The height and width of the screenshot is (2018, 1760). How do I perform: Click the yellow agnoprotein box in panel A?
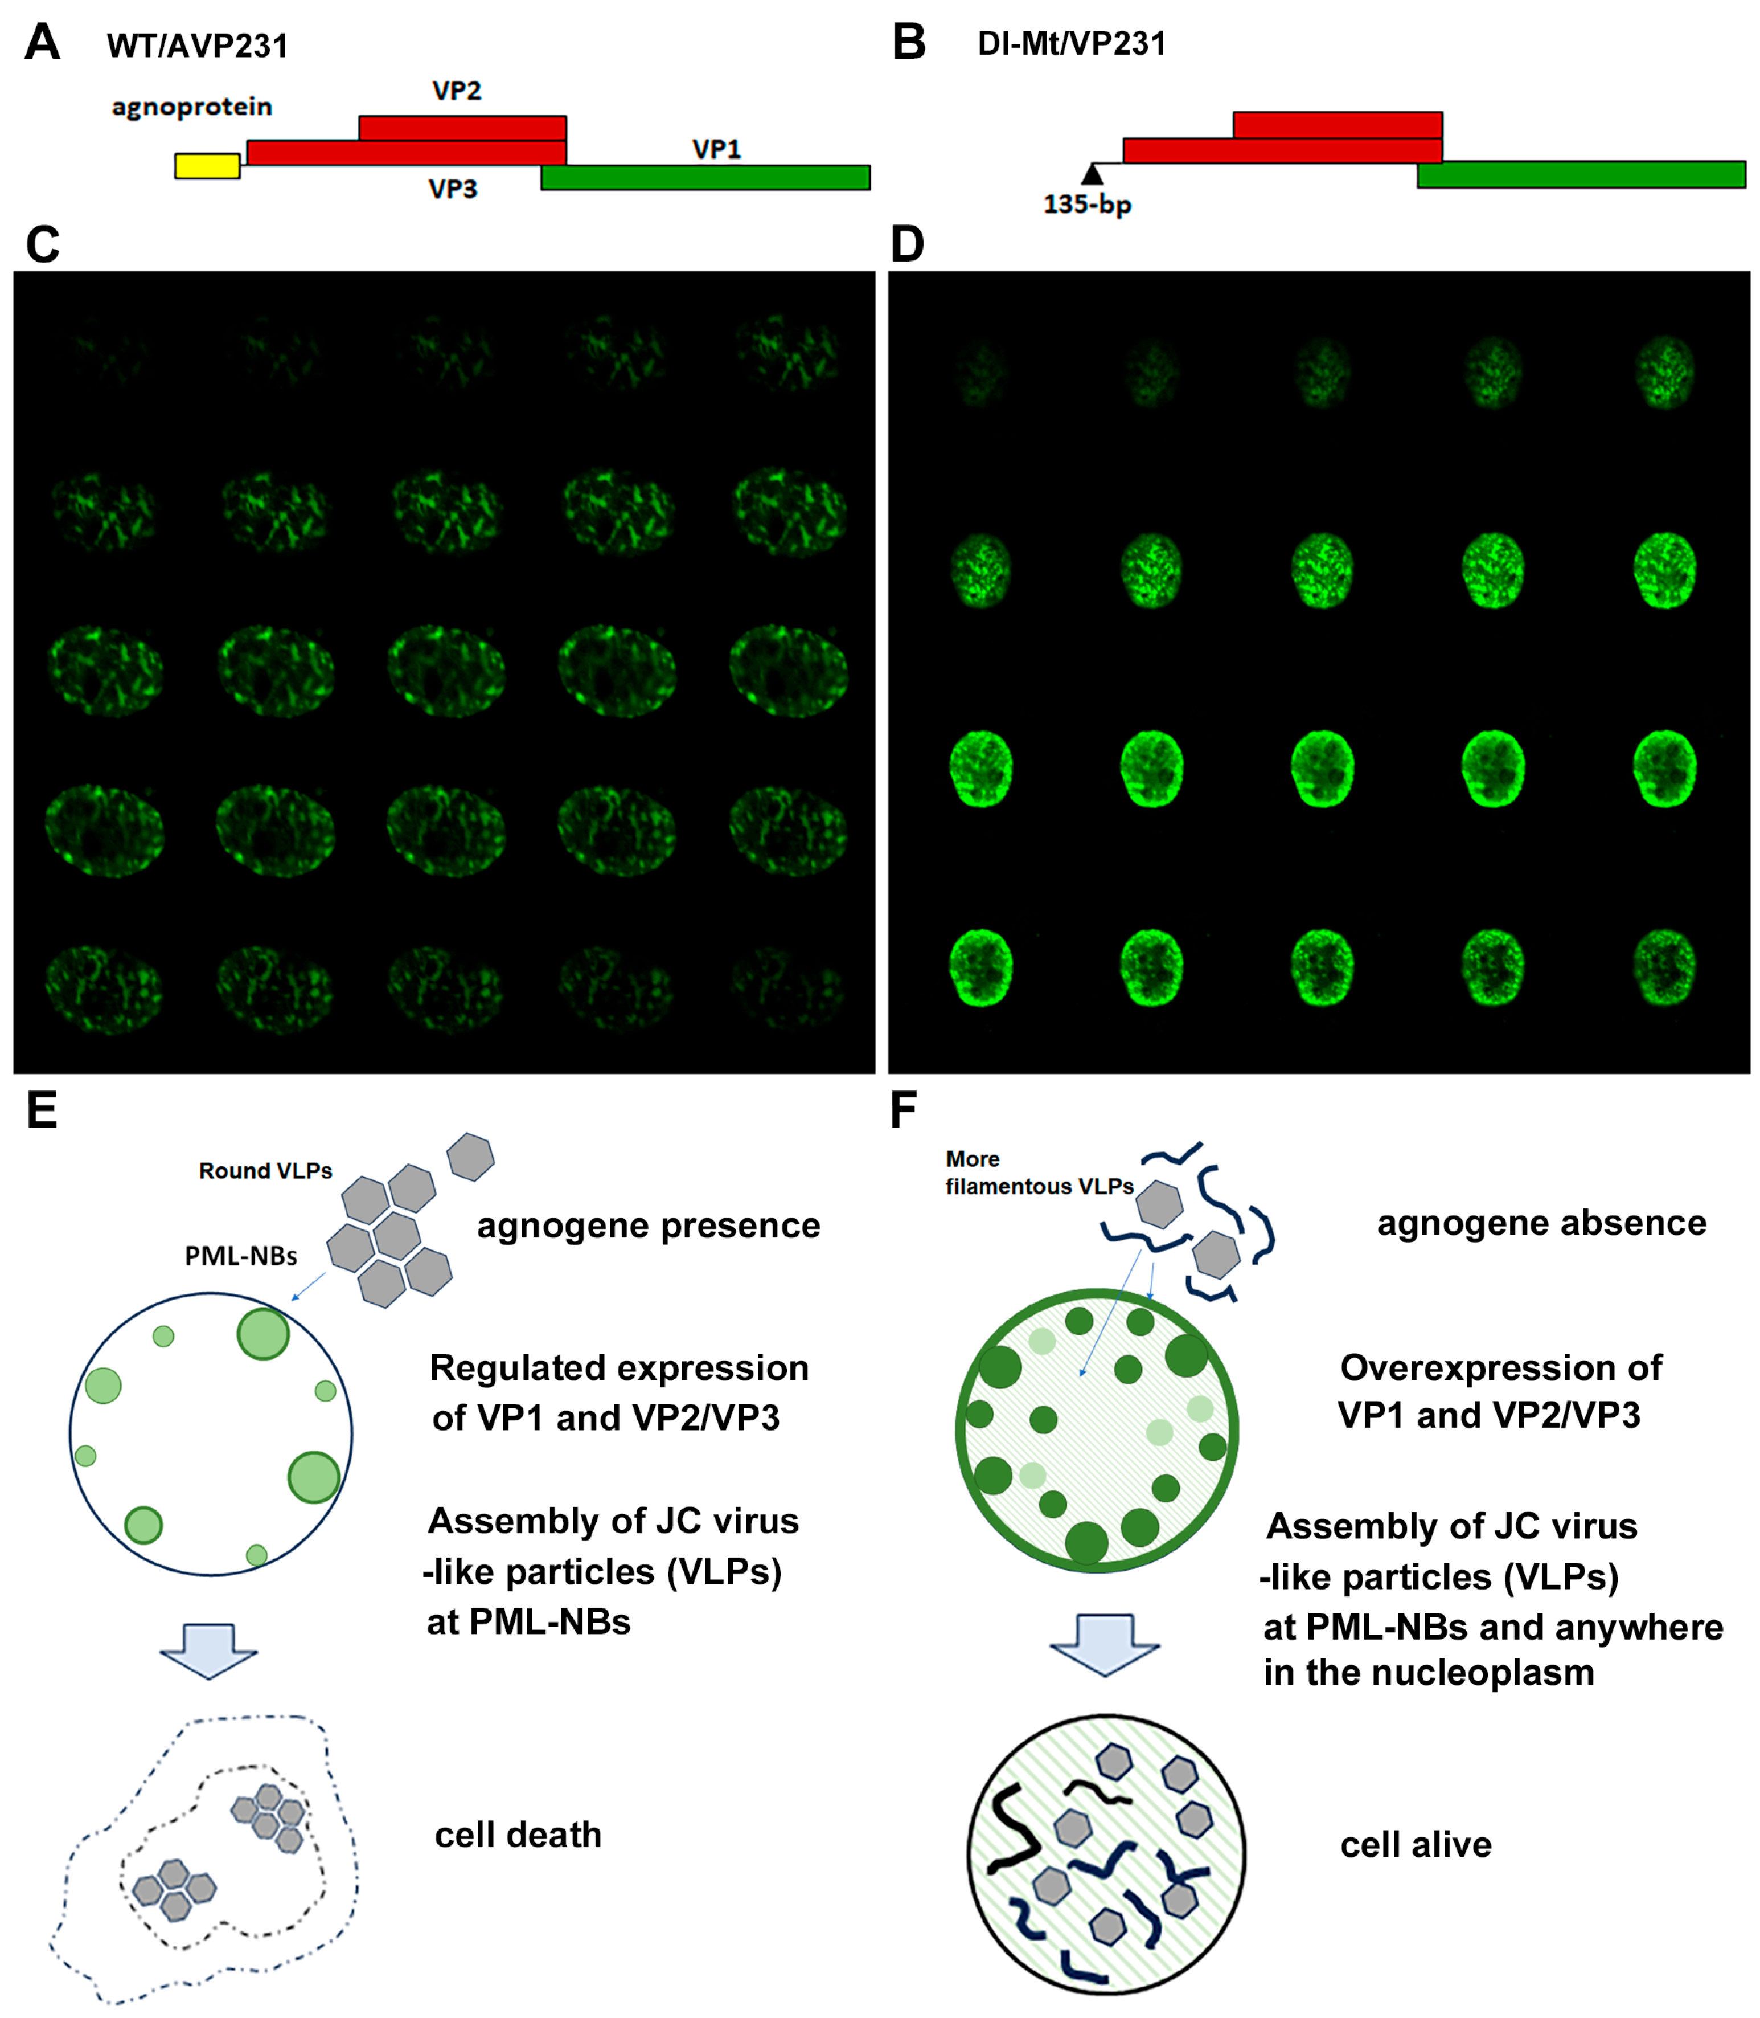[x=207, y=166]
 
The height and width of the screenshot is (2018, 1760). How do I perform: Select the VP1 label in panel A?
[x=716, y=149]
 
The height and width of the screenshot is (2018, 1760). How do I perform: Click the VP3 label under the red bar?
[x=453, y=189]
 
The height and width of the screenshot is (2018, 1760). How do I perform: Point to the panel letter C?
[x=42, y=244]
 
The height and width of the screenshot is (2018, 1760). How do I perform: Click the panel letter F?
[x=902, y=1111]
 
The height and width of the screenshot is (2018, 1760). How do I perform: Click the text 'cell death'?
[x=518, y=1835]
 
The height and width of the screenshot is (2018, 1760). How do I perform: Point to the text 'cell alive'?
[x=1416, y=1845]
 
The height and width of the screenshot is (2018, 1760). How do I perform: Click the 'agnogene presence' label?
[x=648, y=1226]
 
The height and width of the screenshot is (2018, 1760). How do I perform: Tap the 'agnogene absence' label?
[x=1541, y=1223]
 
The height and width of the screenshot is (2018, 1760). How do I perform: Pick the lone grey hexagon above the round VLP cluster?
[x=470, y=1157]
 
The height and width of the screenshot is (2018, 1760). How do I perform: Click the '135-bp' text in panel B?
[x=1086, y=205]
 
